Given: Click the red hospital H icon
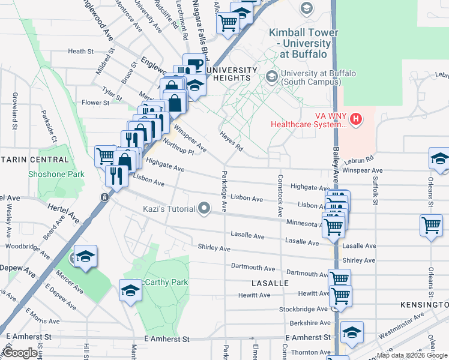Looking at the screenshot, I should point(357,119).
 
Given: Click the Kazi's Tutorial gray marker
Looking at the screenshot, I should point(205,209).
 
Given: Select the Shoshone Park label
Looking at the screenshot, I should point(56,175).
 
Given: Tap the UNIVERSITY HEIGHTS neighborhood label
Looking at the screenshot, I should point(228,74).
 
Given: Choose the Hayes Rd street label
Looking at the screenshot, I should point(231,140).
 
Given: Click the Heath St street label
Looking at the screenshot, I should point(80,52).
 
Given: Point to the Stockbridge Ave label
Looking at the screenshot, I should point(304,309).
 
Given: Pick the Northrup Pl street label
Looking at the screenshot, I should point(178,147).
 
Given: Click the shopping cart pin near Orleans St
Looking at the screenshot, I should point(432,226).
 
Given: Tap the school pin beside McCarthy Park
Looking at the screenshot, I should point(129,291).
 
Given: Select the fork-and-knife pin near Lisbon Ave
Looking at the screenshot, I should point(114,175).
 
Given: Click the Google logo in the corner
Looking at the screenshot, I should point(20,353).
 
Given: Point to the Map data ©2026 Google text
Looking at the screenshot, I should point(412,355).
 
